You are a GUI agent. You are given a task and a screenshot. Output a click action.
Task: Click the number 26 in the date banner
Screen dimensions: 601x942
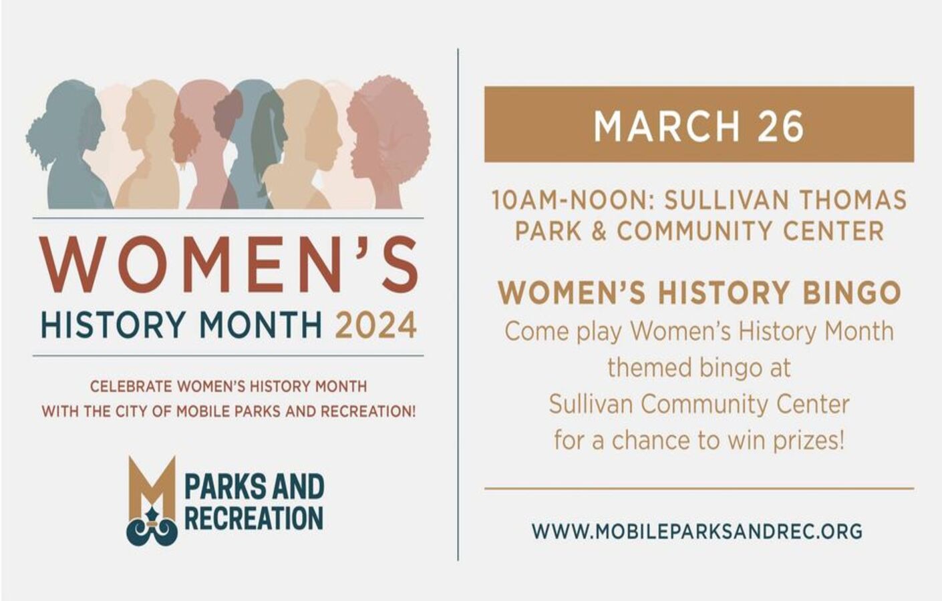(780, 126)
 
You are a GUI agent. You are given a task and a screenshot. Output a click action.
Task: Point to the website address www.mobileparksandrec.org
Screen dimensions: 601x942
(697, 532)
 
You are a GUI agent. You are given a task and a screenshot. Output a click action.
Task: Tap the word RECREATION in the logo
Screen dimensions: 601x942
(253, 518)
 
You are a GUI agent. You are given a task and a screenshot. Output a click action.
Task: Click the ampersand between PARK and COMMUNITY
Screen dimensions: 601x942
(599, 231)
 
